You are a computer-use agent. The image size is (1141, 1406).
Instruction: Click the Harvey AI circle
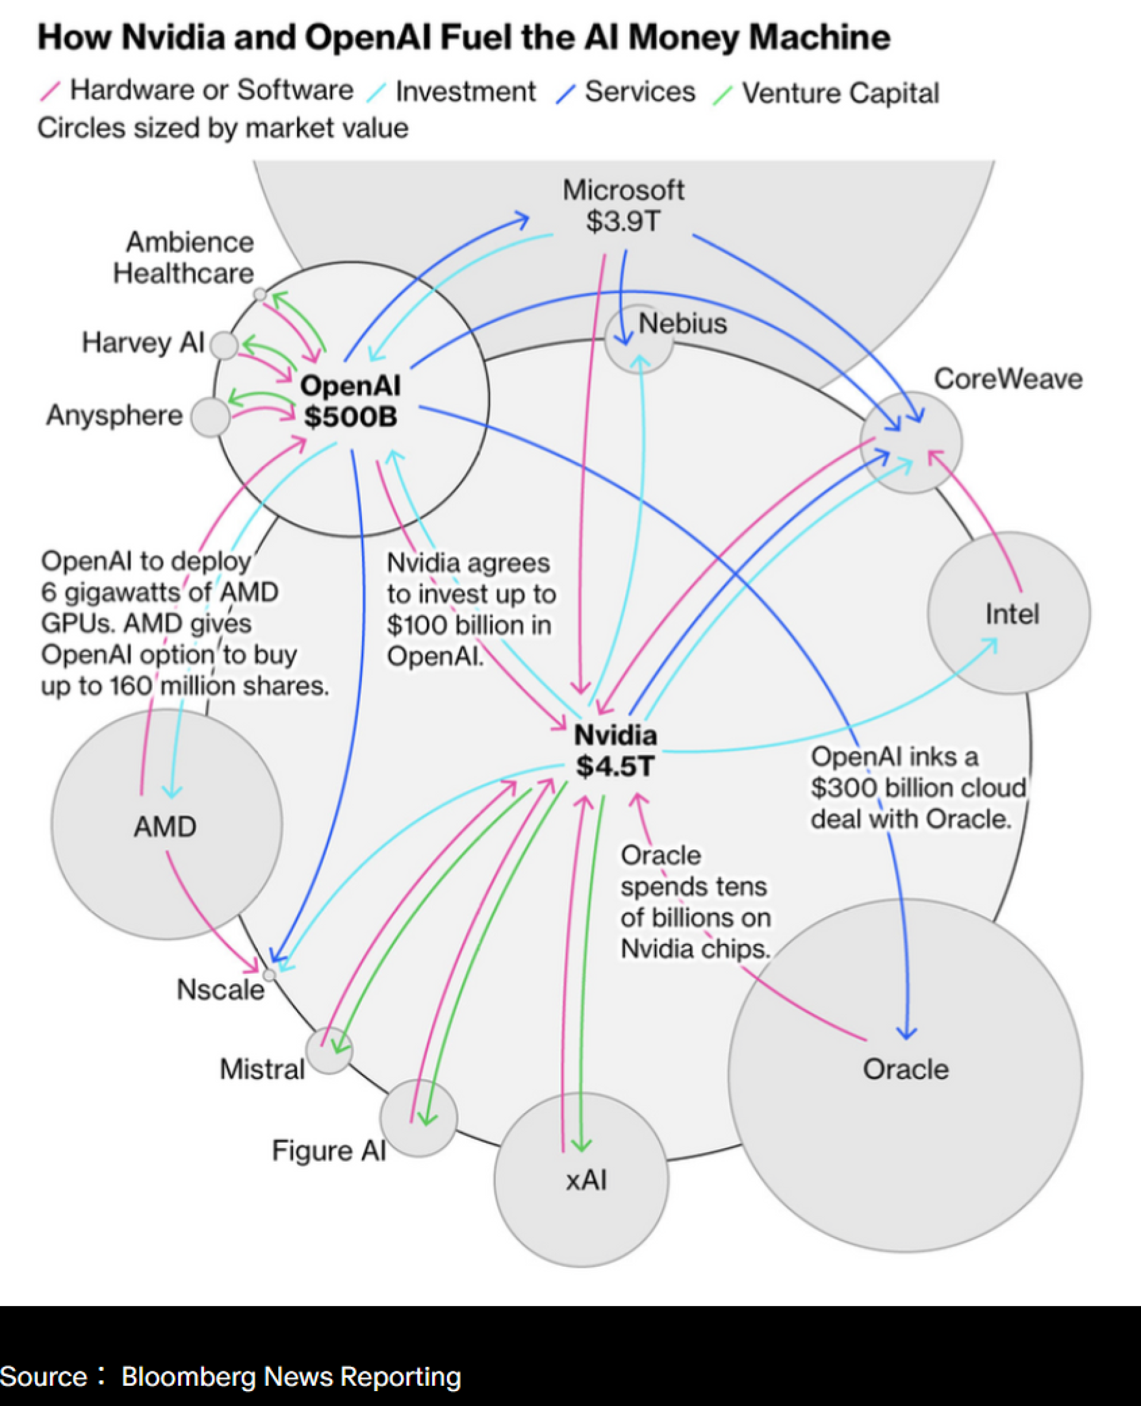point(224,345)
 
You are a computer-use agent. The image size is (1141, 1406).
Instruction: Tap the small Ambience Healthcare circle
point(260,294)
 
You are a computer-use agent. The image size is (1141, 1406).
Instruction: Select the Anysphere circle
point(210,417)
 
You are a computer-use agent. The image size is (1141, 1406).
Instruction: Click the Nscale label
point(220,990)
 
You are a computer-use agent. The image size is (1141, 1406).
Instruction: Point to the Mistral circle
point(329,1051)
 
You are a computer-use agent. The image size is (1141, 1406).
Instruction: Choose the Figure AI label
point(329,1151)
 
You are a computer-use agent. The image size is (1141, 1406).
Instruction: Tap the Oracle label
point(906,1070)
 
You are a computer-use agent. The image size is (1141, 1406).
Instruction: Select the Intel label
point(1012,614)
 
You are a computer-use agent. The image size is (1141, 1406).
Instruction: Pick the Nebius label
point(683,323)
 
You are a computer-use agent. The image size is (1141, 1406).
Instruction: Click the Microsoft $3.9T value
point(622,222)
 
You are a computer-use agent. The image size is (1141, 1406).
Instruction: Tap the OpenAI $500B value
point(350,417)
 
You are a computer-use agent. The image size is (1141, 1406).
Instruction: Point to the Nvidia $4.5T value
point(615,766)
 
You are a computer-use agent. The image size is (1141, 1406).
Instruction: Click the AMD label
point(165,826)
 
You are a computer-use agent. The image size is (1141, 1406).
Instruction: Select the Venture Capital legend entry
point(840,93)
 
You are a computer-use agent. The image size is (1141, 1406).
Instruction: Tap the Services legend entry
point(639,92)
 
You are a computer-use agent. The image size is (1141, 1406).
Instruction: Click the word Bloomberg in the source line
point(188,1376)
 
